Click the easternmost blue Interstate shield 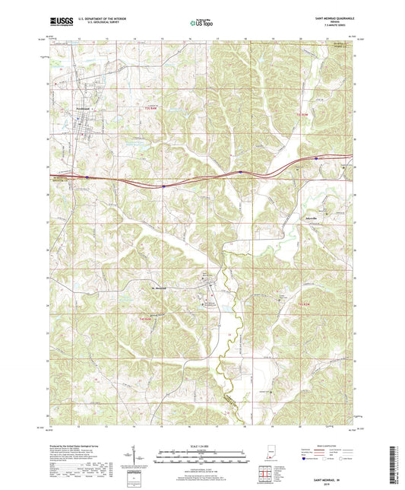tap(316, 159)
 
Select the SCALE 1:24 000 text tap(201, 446)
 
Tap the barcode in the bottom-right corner tap(397, 466)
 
